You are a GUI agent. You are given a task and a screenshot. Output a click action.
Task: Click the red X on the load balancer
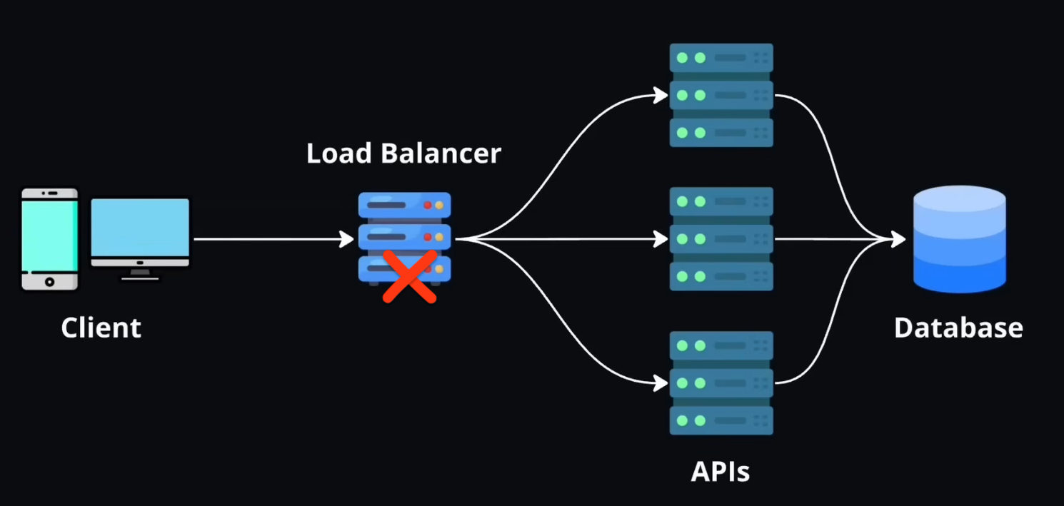coord(409,277)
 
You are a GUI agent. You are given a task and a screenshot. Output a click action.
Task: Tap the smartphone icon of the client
coord(49,239)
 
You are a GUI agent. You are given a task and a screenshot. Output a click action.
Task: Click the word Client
coord(101,328)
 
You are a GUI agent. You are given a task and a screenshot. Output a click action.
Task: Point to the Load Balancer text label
coord(403,153)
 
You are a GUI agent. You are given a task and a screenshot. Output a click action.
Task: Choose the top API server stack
coord(721,95)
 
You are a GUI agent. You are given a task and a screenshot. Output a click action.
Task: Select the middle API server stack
coord(721,239)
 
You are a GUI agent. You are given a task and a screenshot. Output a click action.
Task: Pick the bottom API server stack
coord(721,383)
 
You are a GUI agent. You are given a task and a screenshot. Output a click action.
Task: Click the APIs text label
coord(721,472)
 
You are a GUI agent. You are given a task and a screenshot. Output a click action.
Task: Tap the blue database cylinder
coord(960,239)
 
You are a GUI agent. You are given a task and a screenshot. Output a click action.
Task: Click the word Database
coord(958,328)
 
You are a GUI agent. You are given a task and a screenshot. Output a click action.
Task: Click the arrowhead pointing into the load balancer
coord(347,239)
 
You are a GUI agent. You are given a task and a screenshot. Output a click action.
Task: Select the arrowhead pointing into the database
coord(898,239)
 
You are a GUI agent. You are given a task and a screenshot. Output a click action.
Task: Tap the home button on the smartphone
coord(49,282)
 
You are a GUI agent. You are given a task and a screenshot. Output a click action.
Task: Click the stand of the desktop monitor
coord(140,274)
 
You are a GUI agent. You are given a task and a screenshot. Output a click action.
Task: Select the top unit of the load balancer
coord(404,205)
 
